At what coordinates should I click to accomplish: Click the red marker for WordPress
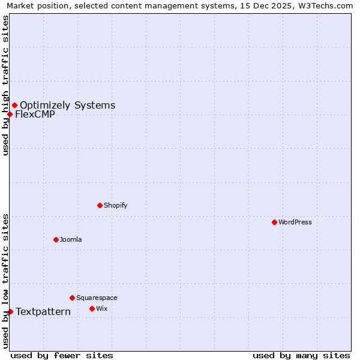pyautogui.click(x=274, y=222)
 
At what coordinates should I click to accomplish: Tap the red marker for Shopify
pyautogui.click(x=100, y=205)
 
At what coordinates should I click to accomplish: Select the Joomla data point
pyautogui.click(x=56, y=239)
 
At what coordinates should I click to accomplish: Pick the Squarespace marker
pyautogui.click(x=72, y=298)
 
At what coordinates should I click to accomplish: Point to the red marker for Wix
pyautogui.click(x=92, y=308)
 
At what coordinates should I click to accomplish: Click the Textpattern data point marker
pyautogui.click(x=10, y=311)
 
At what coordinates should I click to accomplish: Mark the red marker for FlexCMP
pyautogui.click(x=10, y=114)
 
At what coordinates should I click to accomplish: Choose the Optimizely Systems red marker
pyautogui.click(x=14, y=106)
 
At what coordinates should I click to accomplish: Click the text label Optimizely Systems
pyautogui.click(x=67, y=106)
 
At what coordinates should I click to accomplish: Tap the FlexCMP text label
pyautogui.click(x=35, y=115)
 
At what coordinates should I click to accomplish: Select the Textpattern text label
pyautogui.click(x=43, y=312)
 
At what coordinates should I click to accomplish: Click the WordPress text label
pyautogui.click(x=295, y=222)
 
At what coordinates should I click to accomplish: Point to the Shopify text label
pyautogui.click(x=116, y=205)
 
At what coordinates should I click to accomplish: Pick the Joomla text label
pyautogui.click(x=71, y=239)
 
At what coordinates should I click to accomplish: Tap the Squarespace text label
pyautogui.click(x=97, y=298)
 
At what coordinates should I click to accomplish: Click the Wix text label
pyautogui.click(x=102, y=308)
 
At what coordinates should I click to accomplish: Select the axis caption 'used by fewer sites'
pyautogui.click(x=62, y=355)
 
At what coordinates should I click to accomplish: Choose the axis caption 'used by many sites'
pyautogui.click(x=301, y=355)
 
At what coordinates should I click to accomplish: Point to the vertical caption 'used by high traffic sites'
pyautogui.click(x=5, y=85)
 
